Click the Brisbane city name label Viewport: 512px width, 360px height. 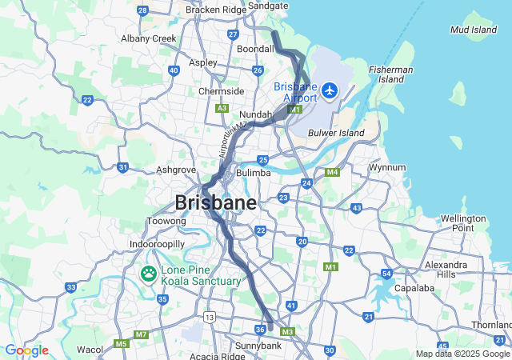tap(216, 202)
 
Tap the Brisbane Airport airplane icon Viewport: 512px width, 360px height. tap(330, 91)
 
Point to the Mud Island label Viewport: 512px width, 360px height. tap(473, 30)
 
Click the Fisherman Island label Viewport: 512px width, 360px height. tap(391, 74)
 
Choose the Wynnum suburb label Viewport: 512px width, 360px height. tap(386, 167)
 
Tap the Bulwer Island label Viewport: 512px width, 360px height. tap(336, 133)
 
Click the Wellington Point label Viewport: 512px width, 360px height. tap(463, 223)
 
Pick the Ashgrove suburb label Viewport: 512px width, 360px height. tap(176, 170)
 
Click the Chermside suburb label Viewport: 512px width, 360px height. tap(221, 91)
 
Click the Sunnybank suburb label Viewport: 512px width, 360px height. tap(258, 346)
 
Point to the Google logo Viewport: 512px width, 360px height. tap(26, 350)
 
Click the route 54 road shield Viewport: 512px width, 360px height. tap(386, 274)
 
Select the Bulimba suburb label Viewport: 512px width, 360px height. tap(254, 173)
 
